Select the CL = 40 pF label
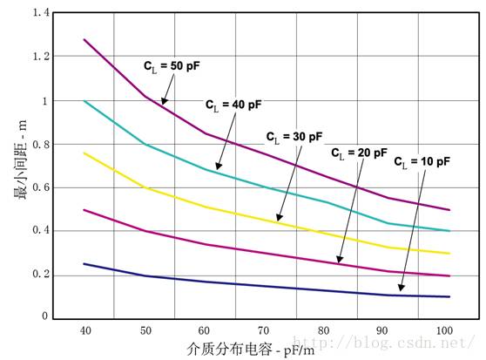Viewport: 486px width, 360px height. pos(233,104)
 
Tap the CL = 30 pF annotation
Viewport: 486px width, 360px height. pos(294,137)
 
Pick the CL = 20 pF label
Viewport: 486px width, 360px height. pos(359,152)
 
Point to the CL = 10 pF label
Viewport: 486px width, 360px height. pos(422,161)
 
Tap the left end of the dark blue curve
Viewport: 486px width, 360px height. pos(84,263)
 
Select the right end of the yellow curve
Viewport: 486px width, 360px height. pos(449,254)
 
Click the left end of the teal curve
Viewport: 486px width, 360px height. pos(84,101)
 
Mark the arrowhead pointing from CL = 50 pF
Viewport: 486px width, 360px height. pos(163,104)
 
